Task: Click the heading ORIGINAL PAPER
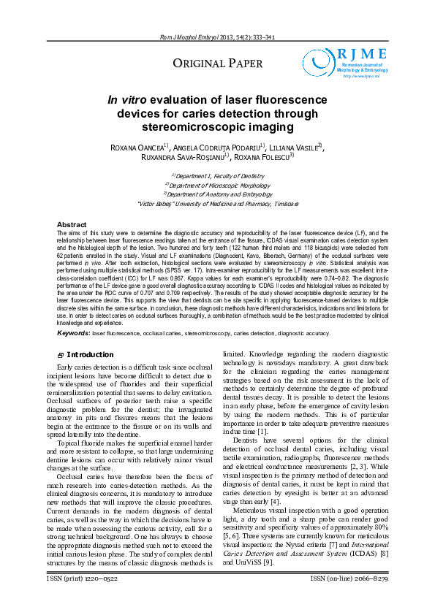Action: coord(217,64)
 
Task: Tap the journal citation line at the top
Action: coord(217,37)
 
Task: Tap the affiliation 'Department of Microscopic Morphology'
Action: coord(217,186)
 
